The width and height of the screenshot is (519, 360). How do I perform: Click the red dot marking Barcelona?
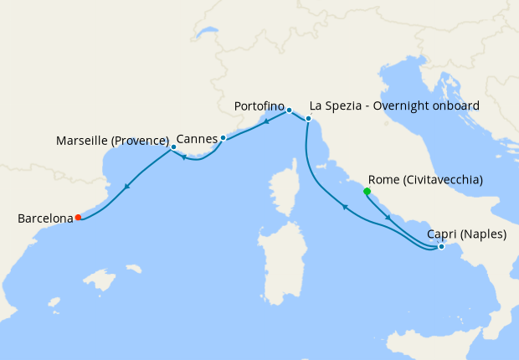78,217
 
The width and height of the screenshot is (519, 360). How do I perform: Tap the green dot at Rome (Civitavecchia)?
367,191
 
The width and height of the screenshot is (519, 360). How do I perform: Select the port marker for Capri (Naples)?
441,246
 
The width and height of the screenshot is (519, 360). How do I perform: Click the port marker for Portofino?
289,110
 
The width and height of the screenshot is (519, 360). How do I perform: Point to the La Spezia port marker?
308,119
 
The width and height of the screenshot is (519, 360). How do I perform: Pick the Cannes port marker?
224,137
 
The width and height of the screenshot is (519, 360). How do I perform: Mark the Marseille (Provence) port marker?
172,147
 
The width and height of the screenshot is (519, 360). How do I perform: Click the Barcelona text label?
45,219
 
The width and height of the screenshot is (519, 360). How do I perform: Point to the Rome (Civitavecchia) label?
425,179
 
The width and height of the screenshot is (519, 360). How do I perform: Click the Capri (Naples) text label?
465,234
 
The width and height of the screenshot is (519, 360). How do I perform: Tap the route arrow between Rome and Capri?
388,218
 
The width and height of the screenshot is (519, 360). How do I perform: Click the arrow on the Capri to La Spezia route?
343,206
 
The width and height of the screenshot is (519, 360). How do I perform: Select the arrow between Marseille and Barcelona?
126,188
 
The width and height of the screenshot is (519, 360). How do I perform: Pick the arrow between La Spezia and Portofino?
266,121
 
